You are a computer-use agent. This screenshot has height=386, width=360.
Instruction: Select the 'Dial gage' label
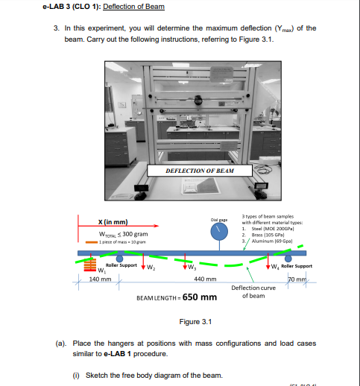click(218, 218)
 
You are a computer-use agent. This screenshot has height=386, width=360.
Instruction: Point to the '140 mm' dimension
click(100, 279)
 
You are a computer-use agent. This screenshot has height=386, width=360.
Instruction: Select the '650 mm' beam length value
click(200, 297)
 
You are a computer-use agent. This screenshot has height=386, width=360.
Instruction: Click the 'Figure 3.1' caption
click(196, 322)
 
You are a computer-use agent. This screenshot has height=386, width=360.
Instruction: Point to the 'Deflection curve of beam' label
click(253, 291)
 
